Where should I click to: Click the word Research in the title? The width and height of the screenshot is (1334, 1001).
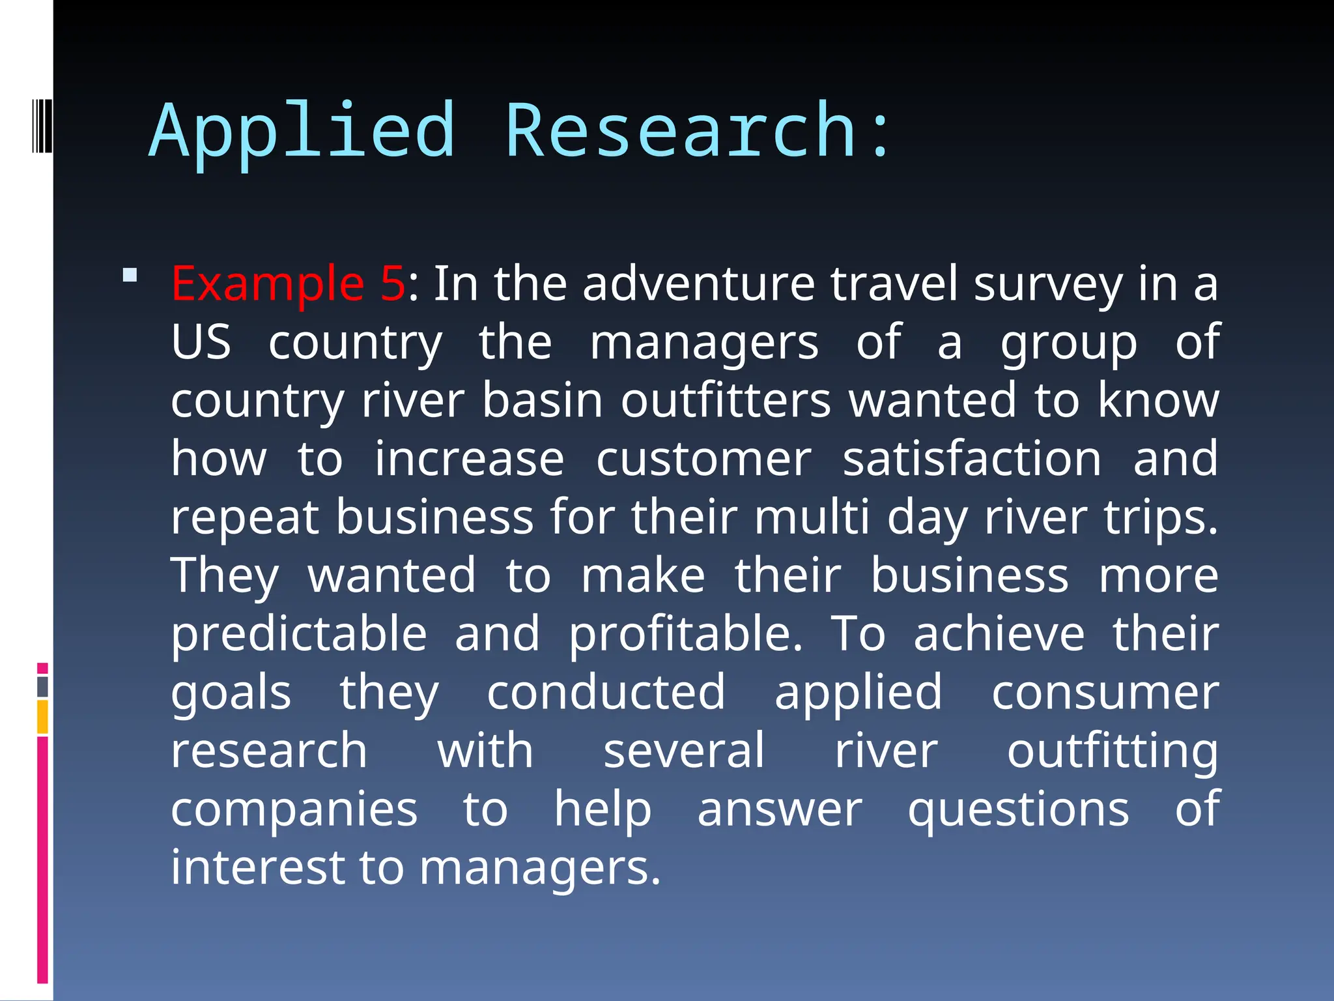point(681,132)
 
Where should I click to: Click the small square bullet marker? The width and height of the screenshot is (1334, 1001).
point(130,275)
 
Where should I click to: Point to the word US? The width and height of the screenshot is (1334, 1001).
point(201,342)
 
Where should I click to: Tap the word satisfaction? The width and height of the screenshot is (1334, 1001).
point(972,459)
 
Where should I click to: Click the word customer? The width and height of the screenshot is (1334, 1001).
point(703,459)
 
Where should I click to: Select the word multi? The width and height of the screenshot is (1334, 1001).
point(812,517)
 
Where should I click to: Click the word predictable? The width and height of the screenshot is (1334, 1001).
point(299,633)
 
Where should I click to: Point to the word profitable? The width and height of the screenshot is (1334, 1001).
point(685,633)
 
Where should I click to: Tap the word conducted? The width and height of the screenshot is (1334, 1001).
point(606,692)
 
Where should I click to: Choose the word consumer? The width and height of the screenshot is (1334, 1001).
point(1105,692)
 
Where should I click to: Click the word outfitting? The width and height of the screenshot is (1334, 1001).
point(1112,751)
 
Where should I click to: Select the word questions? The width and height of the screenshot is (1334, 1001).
point(1018,809)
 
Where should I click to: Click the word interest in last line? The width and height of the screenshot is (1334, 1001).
point(257,867)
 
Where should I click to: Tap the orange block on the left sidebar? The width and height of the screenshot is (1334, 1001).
point(42,717)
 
